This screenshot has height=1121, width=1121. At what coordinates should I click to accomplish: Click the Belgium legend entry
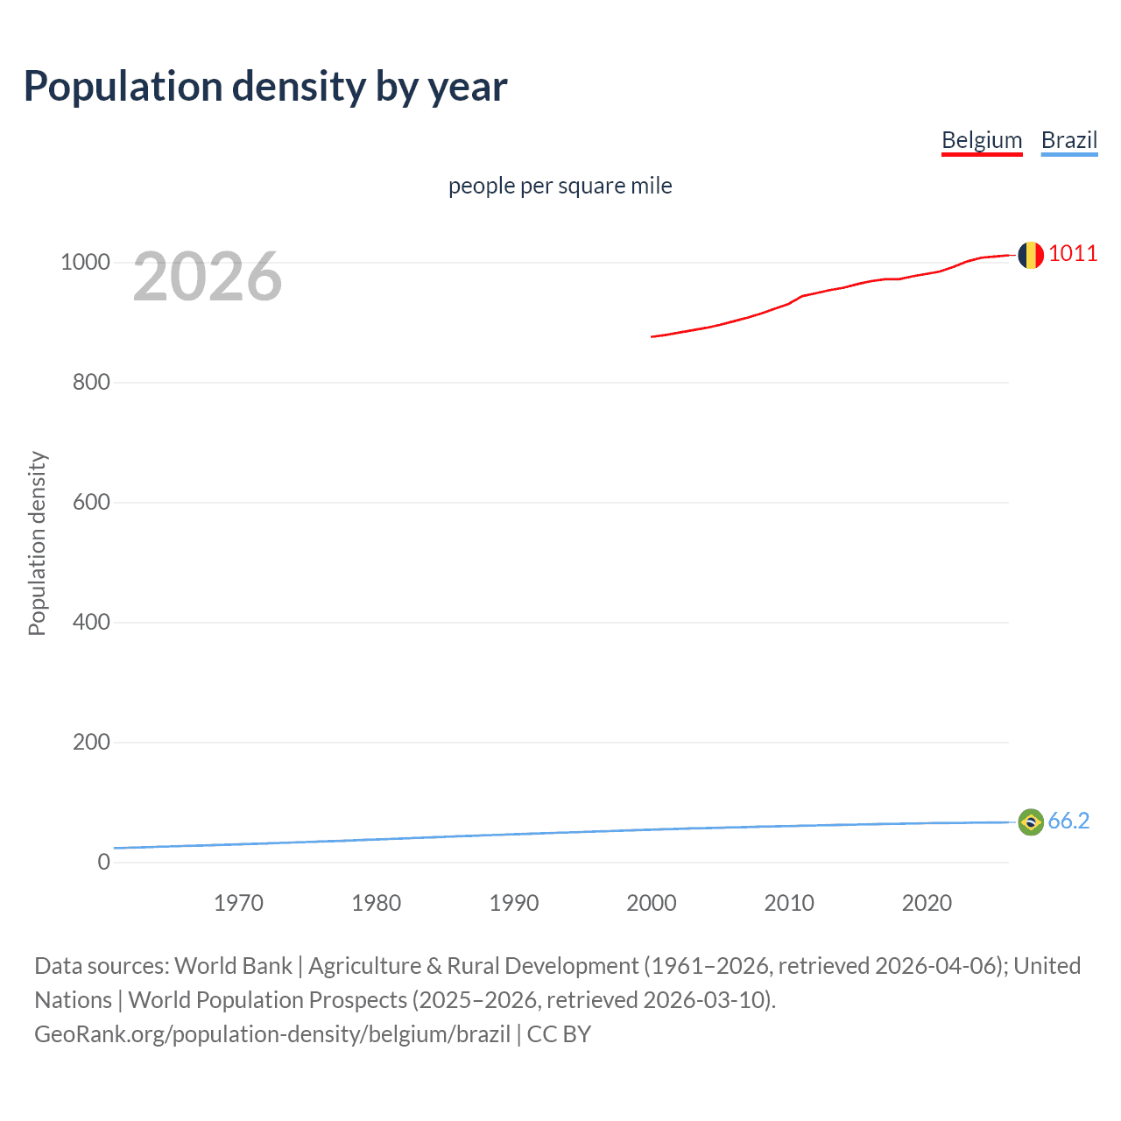(x=982, y=140)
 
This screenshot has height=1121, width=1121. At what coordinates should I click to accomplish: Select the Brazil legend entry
(x=1068, y=140)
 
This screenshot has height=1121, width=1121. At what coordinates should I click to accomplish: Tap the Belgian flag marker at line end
(x=1031, y=255)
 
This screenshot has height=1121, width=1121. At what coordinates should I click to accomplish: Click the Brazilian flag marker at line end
(x=1031, y=821)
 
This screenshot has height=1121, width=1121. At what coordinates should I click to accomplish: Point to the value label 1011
(x=1072, y=253)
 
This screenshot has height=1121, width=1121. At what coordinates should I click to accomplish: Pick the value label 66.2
(x=1068, y=821)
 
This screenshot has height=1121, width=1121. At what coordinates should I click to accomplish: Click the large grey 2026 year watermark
(x=208, y=277)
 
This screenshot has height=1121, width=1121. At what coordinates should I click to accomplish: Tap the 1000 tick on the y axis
(x=85, y=262)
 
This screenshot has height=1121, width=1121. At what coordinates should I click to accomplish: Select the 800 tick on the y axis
(x=91, y=382)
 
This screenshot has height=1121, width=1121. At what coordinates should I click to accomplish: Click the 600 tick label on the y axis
(x=91, y=502)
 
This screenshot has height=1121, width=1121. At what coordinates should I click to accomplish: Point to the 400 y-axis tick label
(x=91, y=622)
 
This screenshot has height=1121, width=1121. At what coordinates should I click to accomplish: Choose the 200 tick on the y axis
(x=91, y=742)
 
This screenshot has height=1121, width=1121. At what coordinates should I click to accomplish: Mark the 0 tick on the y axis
(x=104, y=862)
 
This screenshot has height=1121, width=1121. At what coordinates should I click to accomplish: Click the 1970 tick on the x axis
(x=238, y=903)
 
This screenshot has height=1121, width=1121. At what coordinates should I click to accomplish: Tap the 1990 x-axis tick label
(x=514, y=903)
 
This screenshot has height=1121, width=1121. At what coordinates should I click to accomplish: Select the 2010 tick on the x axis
(x=789, y=903)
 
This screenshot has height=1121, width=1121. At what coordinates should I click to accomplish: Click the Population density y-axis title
(x=37, y=543)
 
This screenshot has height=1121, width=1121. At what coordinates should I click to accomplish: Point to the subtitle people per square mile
(x=560, y=186)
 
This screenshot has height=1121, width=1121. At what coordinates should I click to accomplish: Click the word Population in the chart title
(x=123, y=86)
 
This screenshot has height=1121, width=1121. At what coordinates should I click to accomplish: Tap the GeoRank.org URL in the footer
(x=272, y=1034)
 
